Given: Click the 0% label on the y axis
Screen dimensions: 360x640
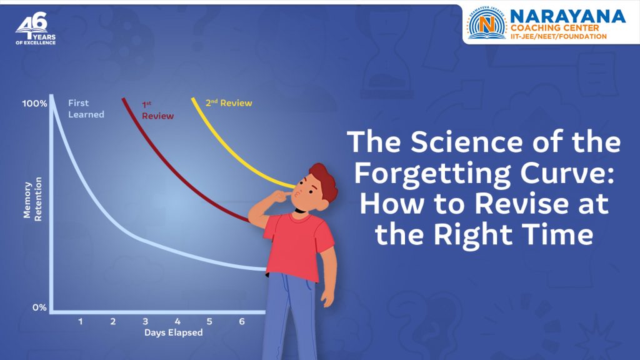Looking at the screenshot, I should click(39, 307).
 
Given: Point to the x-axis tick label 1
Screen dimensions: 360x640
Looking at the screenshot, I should click(81, 321).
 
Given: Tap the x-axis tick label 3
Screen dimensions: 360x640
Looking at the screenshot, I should click(145, 321).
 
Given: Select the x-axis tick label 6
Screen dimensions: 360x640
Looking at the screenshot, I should click(242, 321).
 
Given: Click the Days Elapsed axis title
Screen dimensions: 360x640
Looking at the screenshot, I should click(173, 332).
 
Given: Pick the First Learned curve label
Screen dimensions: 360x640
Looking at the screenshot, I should click(86, 109).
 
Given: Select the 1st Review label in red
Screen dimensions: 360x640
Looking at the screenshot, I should click(157, 111).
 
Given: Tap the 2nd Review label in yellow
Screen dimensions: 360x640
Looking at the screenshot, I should click(229, 102).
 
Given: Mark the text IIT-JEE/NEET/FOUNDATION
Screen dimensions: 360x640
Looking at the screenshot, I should click(558, 37).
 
